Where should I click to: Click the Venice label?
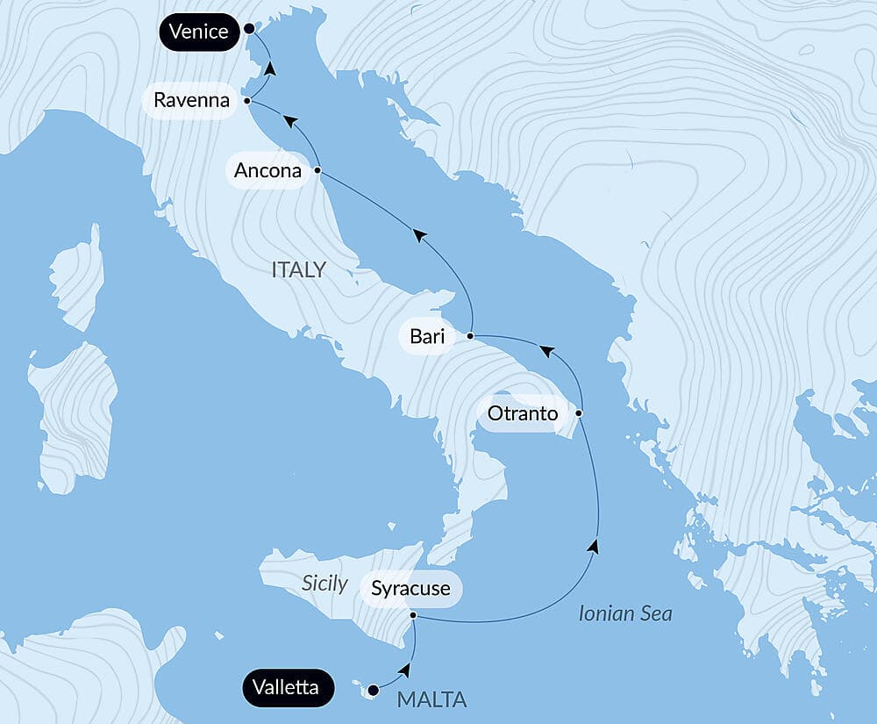[x=199, y=32]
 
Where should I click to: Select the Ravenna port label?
[x=191, y=100]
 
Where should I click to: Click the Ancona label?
[x=268, y=170]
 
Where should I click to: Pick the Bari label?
[x=427, y=336]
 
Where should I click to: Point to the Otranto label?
[x=522, y=412]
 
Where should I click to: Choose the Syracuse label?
[x=410, y=588]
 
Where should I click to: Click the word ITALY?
[x=298, y=269]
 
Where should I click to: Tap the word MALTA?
[x=431, y=700]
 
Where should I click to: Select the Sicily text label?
[x=324, y=584]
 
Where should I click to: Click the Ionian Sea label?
[x=625, y=613]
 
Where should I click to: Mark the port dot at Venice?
[x=249, y=29]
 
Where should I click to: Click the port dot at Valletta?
[x=374, y=689]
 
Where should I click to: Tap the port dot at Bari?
[x=471, y=336]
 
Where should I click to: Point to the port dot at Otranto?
[x=579, y=412]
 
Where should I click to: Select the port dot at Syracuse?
[x=413, y=617]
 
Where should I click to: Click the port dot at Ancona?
[x=317, y=170]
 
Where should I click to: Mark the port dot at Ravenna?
[x=247, y=101]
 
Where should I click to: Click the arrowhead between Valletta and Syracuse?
[x=404, y=670]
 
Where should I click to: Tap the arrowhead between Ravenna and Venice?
[x=270, y=68]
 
